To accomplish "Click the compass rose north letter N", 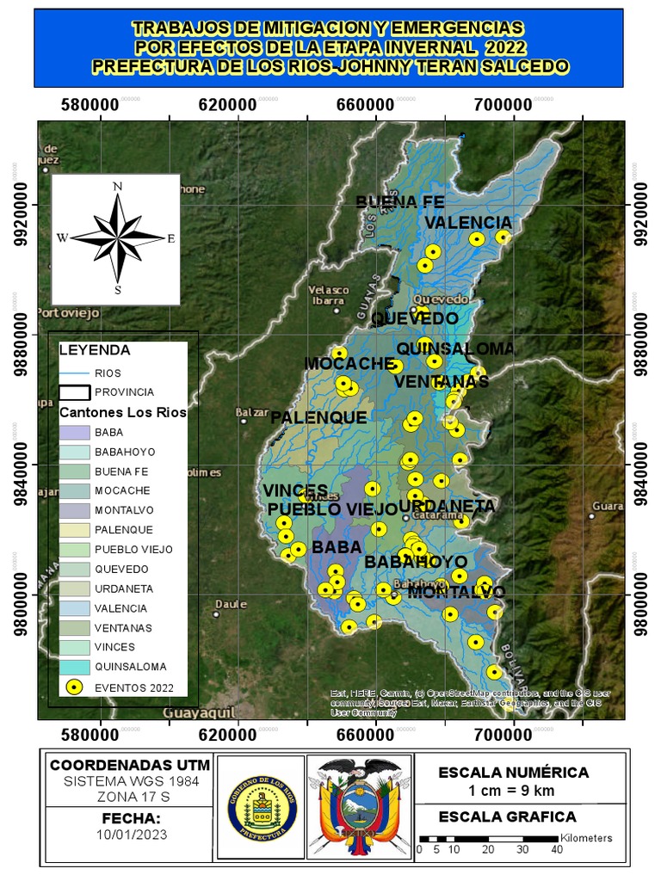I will (x=117, y=186).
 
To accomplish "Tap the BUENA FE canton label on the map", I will (x=400, y=202).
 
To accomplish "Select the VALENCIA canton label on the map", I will (x=468, y=223).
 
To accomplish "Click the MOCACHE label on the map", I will (x=349, y=365).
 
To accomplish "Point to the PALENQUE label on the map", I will (x=318, y=418).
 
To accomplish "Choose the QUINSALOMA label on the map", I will (x=455, y=348).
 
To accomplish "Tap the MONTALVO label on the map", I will (x=456, y=592).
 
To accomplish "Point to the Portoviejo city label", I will (x=69, y=312).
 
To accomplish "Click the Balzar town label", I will (x=253, y=413).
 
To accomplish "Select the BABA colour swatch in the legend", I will (x=75, y=432).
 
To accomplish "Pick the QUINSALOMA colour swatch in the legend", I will (x=75, y=667).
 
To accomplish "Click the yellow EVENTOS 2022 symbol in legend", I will (x=75, y=687).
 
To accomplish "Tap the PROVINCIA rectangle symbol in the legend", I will (x=75, y=392).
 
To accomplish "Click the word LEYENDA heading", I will (x=94, y=350).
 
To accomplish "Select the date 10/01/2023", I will (x=132, y=835).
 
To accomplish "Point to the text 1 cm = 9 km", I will (x=513, y=791).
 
